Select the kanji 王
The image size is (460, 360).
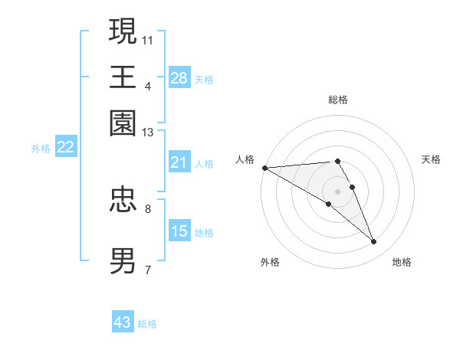pyautogui.click(x=123, y=77)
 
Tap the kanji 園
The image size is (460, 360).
pyautogui.click(x=123, y=123)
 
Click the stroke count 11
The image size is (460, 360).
pyautogui.click(x=148, y=39)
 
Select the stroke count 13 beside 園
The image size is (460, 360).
pyautogui.click(x=148, y=133)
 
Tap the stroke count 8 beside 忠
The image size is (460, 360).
pyautogui.click(x=148, y=208)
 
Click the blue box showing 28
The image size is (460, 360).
pyautogui.click(x=179, y=77)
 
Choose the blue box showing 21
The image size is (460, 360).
pyautogui.click(x=179, y=162)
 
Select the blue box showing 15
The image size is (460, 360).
pyautogui.click(x=179, y=231)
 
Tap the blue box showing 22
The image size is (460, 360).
pyautogui.click(x=65, y=147)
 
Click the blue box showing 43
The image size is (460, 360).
pyautogui.click(x=123, y=322)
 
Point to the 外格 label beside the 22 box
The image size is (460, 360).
pyautogui.click(x=40, y=149)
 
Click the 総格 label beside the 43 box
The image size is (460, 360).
pyautogui.click(x=147, y=324)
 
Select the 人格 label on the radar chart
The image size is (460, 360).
pyautogui.click(x=245, y=159)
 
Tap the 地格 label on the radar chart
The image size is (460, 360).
pyautogui.click(x=402, y=262)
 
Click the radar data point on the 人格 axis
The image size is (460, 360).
pyautogui.click(x=264, y=168)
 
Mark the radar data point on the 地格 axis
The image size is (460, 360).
pyautogui.click(x=373, y=242)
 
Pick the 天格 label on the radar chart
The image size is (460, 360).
pyautogui.click(x=431, y=159)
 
